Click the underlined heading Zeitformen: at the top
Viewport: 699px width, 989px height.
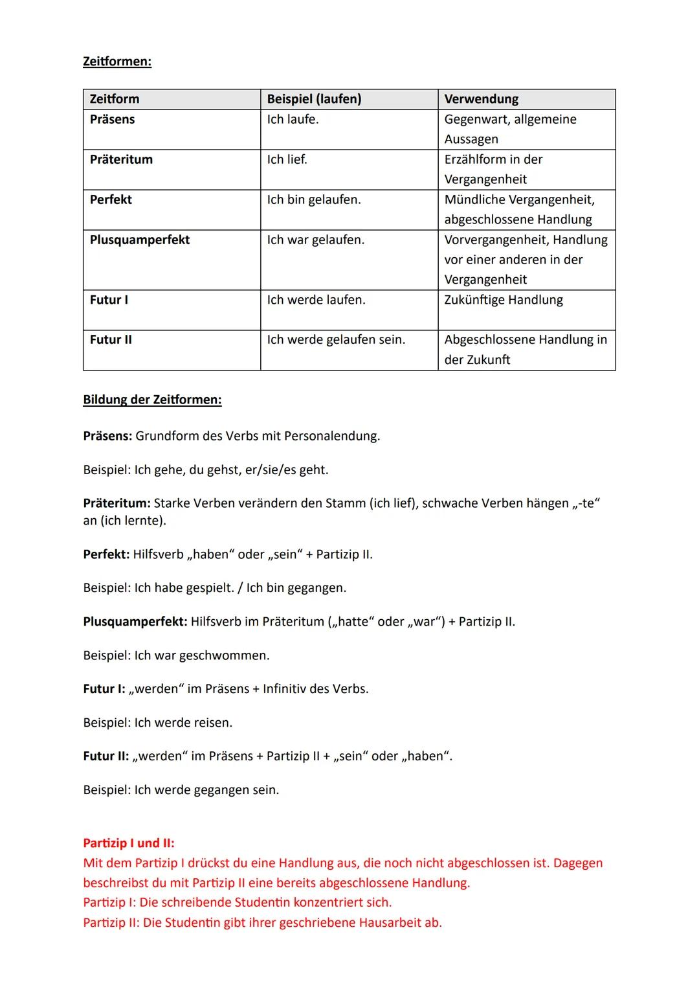click(x=117, y=62)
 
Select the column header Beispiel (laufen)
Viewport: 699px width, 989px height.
click(x=314, y=99)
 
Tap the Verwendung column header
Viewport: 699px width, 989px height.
click(x=481, y=99)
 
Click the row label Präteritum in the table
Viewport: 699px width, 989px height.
click(x=121, y=159)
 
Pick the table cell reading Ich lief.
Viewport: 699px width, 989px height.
click(x=287, y=159)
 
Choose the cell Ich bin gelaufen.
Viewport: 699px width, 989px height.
click(x=314, y=199)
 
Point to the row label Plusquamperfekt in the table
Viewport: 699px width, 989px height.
click(x=140, y=240)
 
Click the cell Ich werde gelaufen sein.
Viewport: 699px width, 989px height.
click(x=336, y=339)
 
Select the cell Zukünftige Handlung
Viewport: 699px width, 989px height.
click(x=504, y=300)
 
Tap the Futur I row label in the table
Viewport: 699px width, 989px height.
click(x=109, y=300)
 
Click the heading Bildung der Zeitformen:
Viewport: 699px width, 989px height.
click(x=152, y=400)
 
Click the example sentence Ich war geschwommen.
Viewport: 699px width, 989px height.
click(x=201, y=655)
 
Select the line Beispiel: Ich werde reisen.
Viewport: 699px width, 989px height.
click(x=157, y=723)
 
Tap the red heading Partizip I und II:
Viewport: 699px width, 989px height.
click(x=129, y=843)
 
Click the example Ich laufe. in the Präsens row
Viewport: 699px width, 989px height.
click(x=293, y=119)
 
